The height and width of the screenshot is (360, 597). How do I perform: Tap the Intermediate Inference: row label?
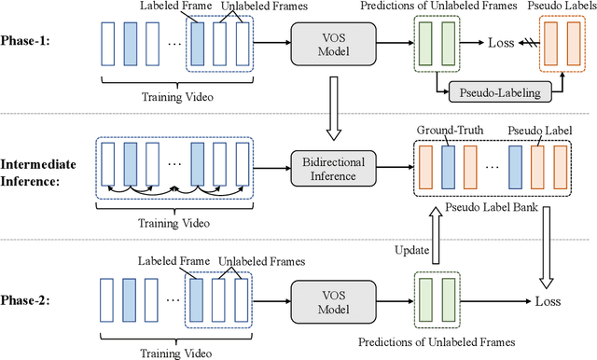tap(42, 163)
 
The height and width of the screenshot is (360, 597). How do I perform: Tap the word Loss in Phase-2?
tap(548, 301)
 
